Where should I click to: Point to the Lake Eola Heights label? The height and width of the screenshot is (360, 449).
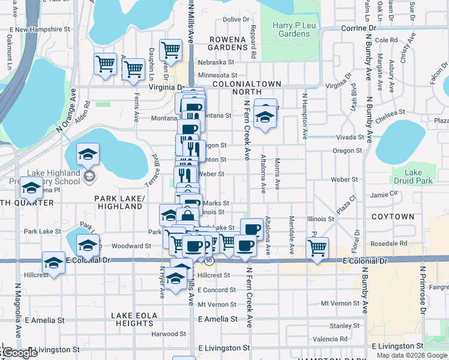[x=135, y=319]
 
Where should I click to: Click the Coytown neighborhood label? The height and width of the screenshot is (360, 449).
[x=393, y=216]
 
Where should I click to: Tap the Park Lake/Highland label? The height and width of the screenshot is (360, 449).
[x=118, y=202]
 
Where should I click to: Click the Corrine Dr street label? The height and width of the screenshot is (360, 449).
[x=358, y=28]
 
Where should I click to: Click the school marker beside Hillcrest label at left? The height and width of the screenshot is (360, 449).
[x=53, y=262]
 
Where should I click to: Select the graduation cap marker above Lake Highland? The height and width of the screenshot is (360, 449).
[x=88, y=155]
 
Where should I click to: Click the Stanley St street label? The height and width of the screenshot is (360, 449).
[x=340, y=326]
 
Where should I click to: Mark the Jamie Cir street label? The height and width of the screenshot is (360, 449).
[x=385, y=194]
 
